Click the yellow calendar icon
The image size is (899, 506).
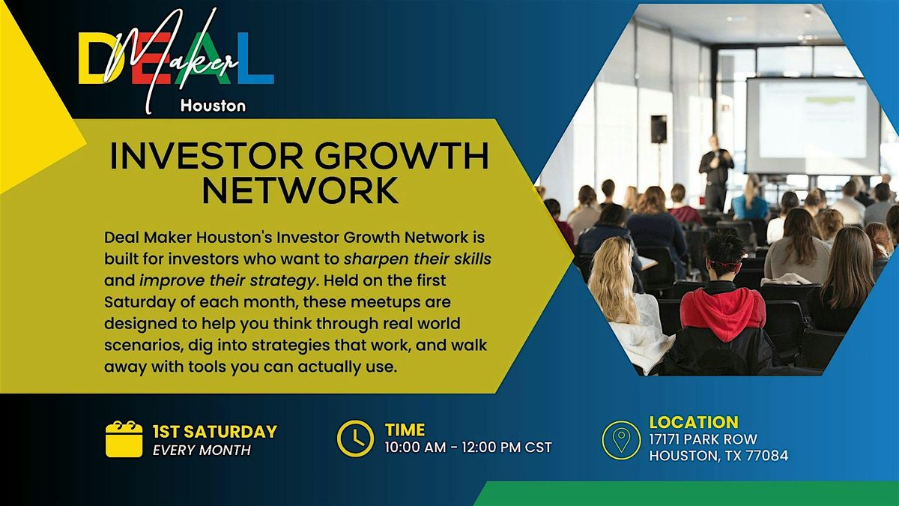pyautogui.click(x=124, y=439)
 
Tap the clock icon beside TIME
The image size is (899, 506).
pyautogui.click(x=355, y=439)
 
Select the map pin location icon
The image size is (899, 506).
pyautogui.click(x=621, y=440)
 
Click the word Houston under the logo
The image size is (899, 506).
pyautogui.click(x=213, y=106)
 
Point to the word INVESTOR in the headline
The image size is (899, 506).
pyautogui.click(x=206, y=156)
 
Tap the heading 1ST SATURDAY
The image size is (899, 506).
pyautogui.click(x=215, y=432)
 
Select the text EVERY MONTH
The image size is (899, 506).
pyautogui.click(x=202, y=451)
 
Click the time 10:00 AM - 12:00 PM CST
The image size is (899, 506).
pyautogui.click(x=468, y=448)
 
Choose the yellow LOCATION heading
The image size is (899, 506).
pyautogui.click(x=694, y=422)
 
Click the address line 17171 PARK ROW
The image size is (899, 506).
pyautogui.click(x=703, y=439)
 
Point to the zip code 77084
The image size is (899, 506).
pyautogui.click(x=767, y=456)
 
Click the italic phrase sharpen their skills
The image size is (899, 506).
pyautogui.click(x=417, y=259)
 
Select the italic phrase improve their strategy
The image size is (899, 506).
pyautogui.click(x=227, y=280)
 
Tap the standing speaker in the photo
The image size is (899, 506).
pyautogui.click(x=716, y=172)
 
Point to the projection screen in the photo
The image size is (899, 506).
pyautogui.click(x=813, y=126)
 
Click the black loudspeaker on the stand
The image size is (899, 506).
pyautogui.click(x=659, y=129)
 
